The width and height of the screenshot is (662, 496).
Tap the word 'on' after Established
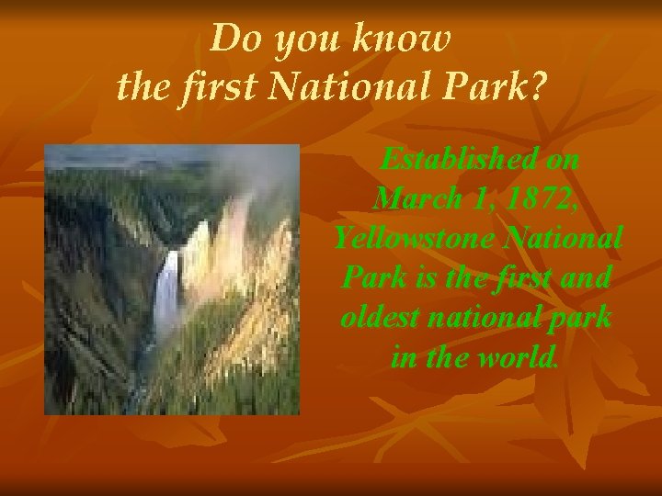(562, 159)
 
